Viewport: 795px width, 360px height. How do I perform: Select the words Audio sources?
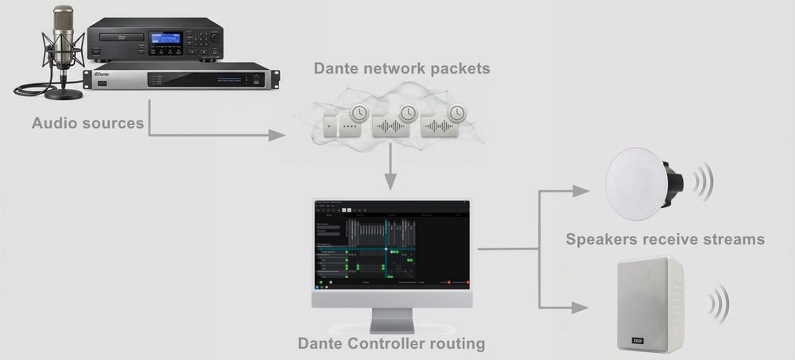click(x=87, y=123)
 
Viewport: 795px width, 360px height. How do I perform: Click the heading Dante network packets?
click(x=401, y=68)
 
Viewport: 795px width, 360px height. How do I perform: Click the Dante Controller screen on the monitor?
click(x=391, y=242)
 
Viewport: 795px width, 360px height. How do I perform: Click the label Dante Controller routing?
click(x=391, y=344)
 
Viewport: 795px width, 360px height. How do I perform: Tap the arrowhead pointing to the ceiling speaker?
click(x=581, y=191)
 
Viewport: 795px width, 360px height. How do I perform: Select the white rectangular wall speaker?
click(x=650, y=302)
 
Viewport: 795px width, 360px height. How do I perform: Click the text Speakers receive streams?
click(x=665, y=238)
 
